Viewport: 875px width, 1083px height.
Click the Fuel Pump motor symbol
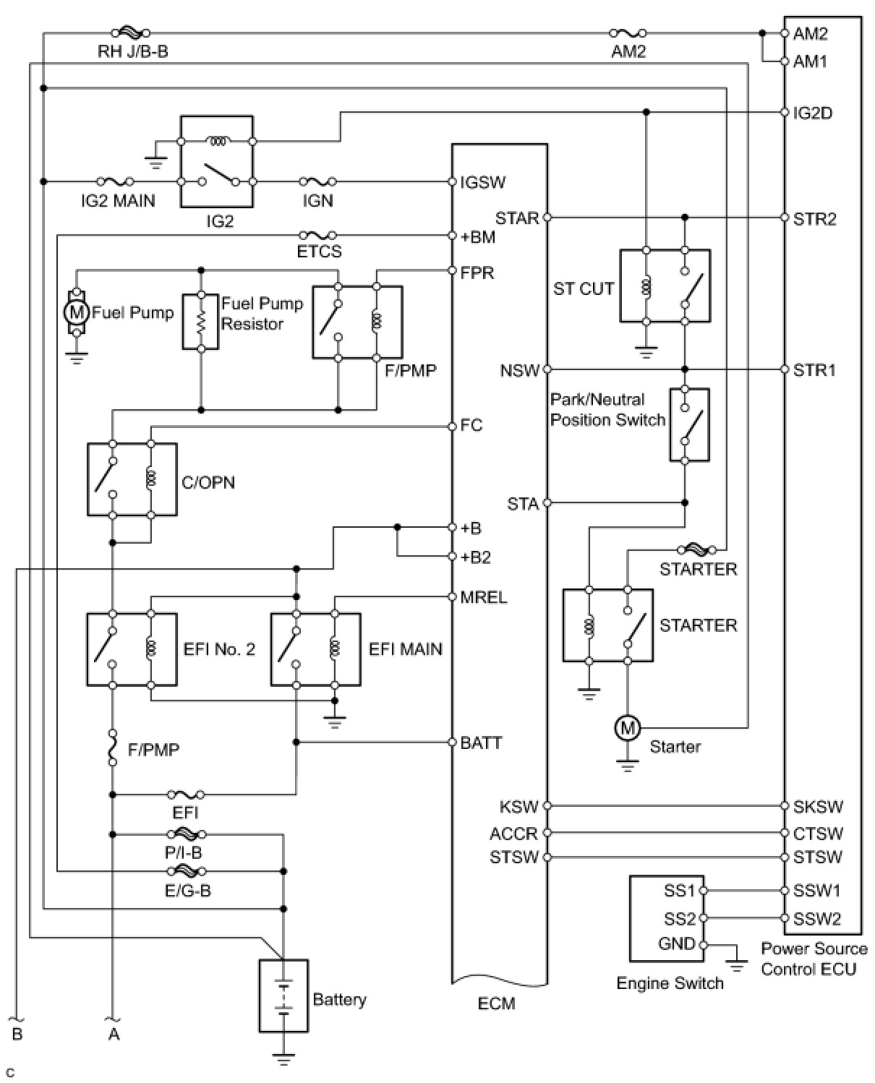pos(76,312)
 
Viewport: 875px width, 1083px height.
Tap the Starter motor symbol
pos(627,728)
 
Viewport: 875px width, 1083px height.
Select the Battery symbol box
pos(283,996)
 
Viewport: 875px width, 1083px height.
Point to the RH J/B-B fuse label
pos(133,51)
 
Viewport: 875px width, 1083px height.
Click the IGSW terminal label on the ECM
pos(482,182)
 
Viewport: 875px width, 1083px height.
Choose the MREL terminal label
pos(483,597)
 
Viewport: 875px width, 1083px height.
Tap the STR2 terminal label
pos(814,218)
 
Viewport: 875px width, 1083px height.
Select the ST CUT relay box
pos(665,286)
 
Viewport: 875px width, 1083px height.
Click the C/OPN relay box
pos(132,479)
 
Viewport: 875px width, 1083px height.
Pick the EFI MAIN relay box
pos(315,649)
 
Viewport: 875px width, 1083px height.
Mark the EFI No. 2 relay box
pos(132,649)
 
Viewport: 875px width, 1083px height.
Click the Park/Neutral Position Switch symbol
pos(689,424)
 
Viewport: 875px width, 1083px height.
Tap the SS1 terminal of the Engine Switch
pos(680,891)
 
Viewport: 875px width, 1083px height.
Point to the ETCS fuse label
pos(319,252)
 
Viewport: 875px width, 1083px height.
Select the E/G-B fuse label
pos(187,891)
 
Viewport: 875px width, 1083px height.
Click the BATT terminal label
pos(480,742)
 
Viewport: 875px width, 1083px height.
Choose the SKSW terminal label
pos(818,806)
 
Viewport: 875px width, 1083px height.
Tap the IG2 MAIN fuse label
pos(118,200)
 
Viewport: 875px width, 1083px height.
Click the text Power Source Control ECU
pos(814,959)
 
